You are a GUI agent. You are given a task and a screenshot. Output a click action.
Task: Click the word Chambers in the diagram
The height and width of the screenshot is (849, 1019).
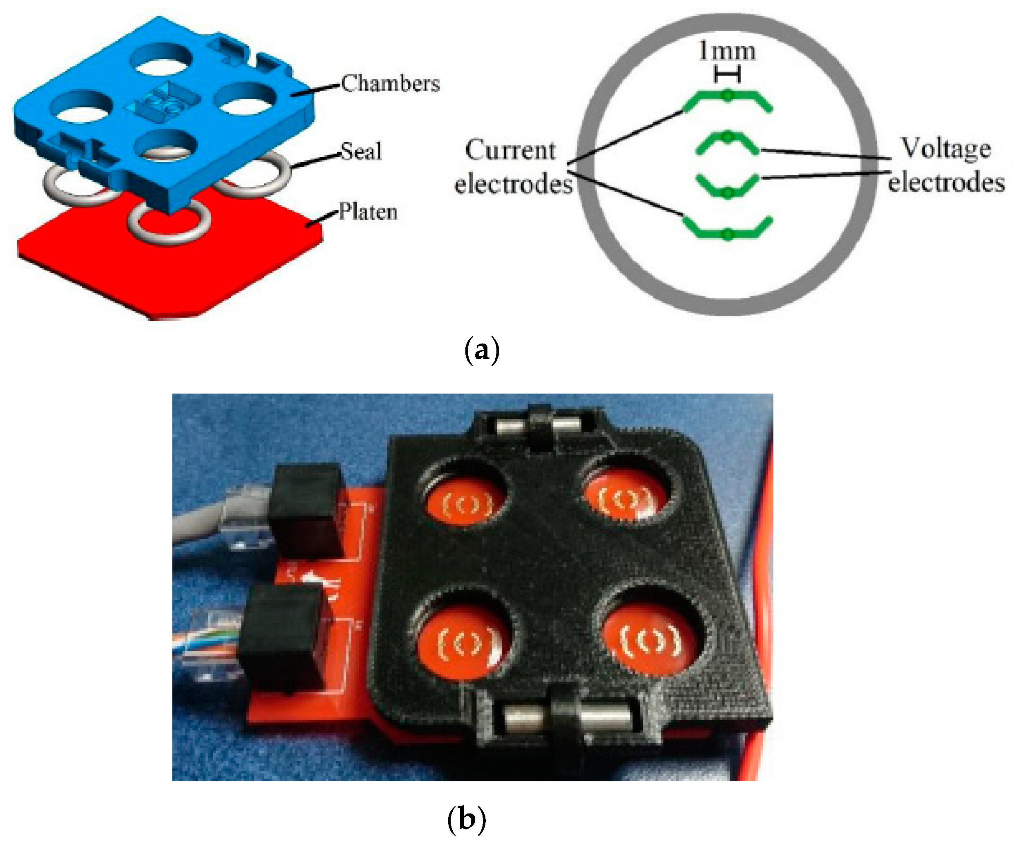point(390,83)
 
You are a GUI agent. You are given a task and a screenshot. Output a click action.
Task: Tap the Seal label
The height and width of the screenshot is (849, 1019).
point(361,151)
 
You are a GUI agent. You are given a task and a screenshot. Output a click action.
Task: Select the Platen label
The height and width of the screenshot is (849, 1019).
point(368,212)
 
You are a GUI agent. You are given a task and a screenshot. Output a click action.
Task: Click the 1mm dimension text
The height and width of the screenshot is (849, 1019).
point(727,51)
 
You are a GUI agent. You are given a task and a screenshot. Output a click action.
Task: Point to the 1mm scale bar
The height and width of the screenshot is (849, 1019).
point(727,75)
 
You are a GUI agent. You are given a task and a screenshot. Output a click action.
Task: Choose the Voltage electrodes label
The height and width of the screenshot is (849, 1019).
point(946,165)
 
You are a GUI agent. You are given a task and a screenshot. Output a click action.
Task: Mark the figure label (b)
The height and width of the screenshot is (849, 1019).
point(466,820)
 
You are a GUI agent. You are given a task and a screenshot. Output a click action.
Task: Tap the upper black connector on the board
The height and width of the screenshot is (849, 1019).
point(306,509)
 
